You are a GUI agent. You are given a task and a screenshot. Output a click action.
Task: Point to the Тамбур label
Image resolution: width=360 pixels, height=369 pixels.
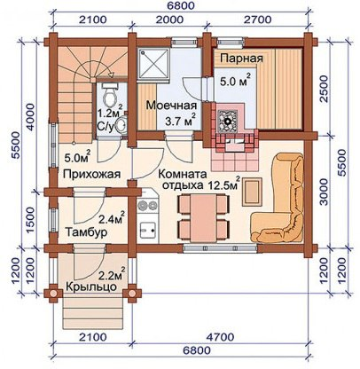click(x=87, y=232)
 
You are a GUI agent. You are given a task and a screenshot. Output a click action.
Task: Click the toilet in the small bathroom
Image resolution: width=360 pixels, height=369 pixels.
click(x=108, y=96)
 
